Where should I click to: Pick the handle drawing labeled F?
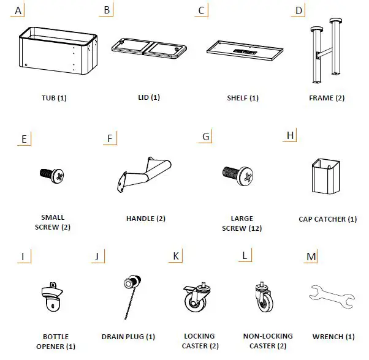(145, 173)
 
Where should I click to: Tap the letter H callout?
(290, 135)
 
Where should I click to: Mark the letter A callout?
(18, 10)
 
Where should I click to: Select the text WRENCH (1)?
(333, 337)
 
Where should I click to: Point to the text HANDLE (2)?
(145, 219)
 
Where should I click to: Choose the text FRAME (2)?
(325, 98)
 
